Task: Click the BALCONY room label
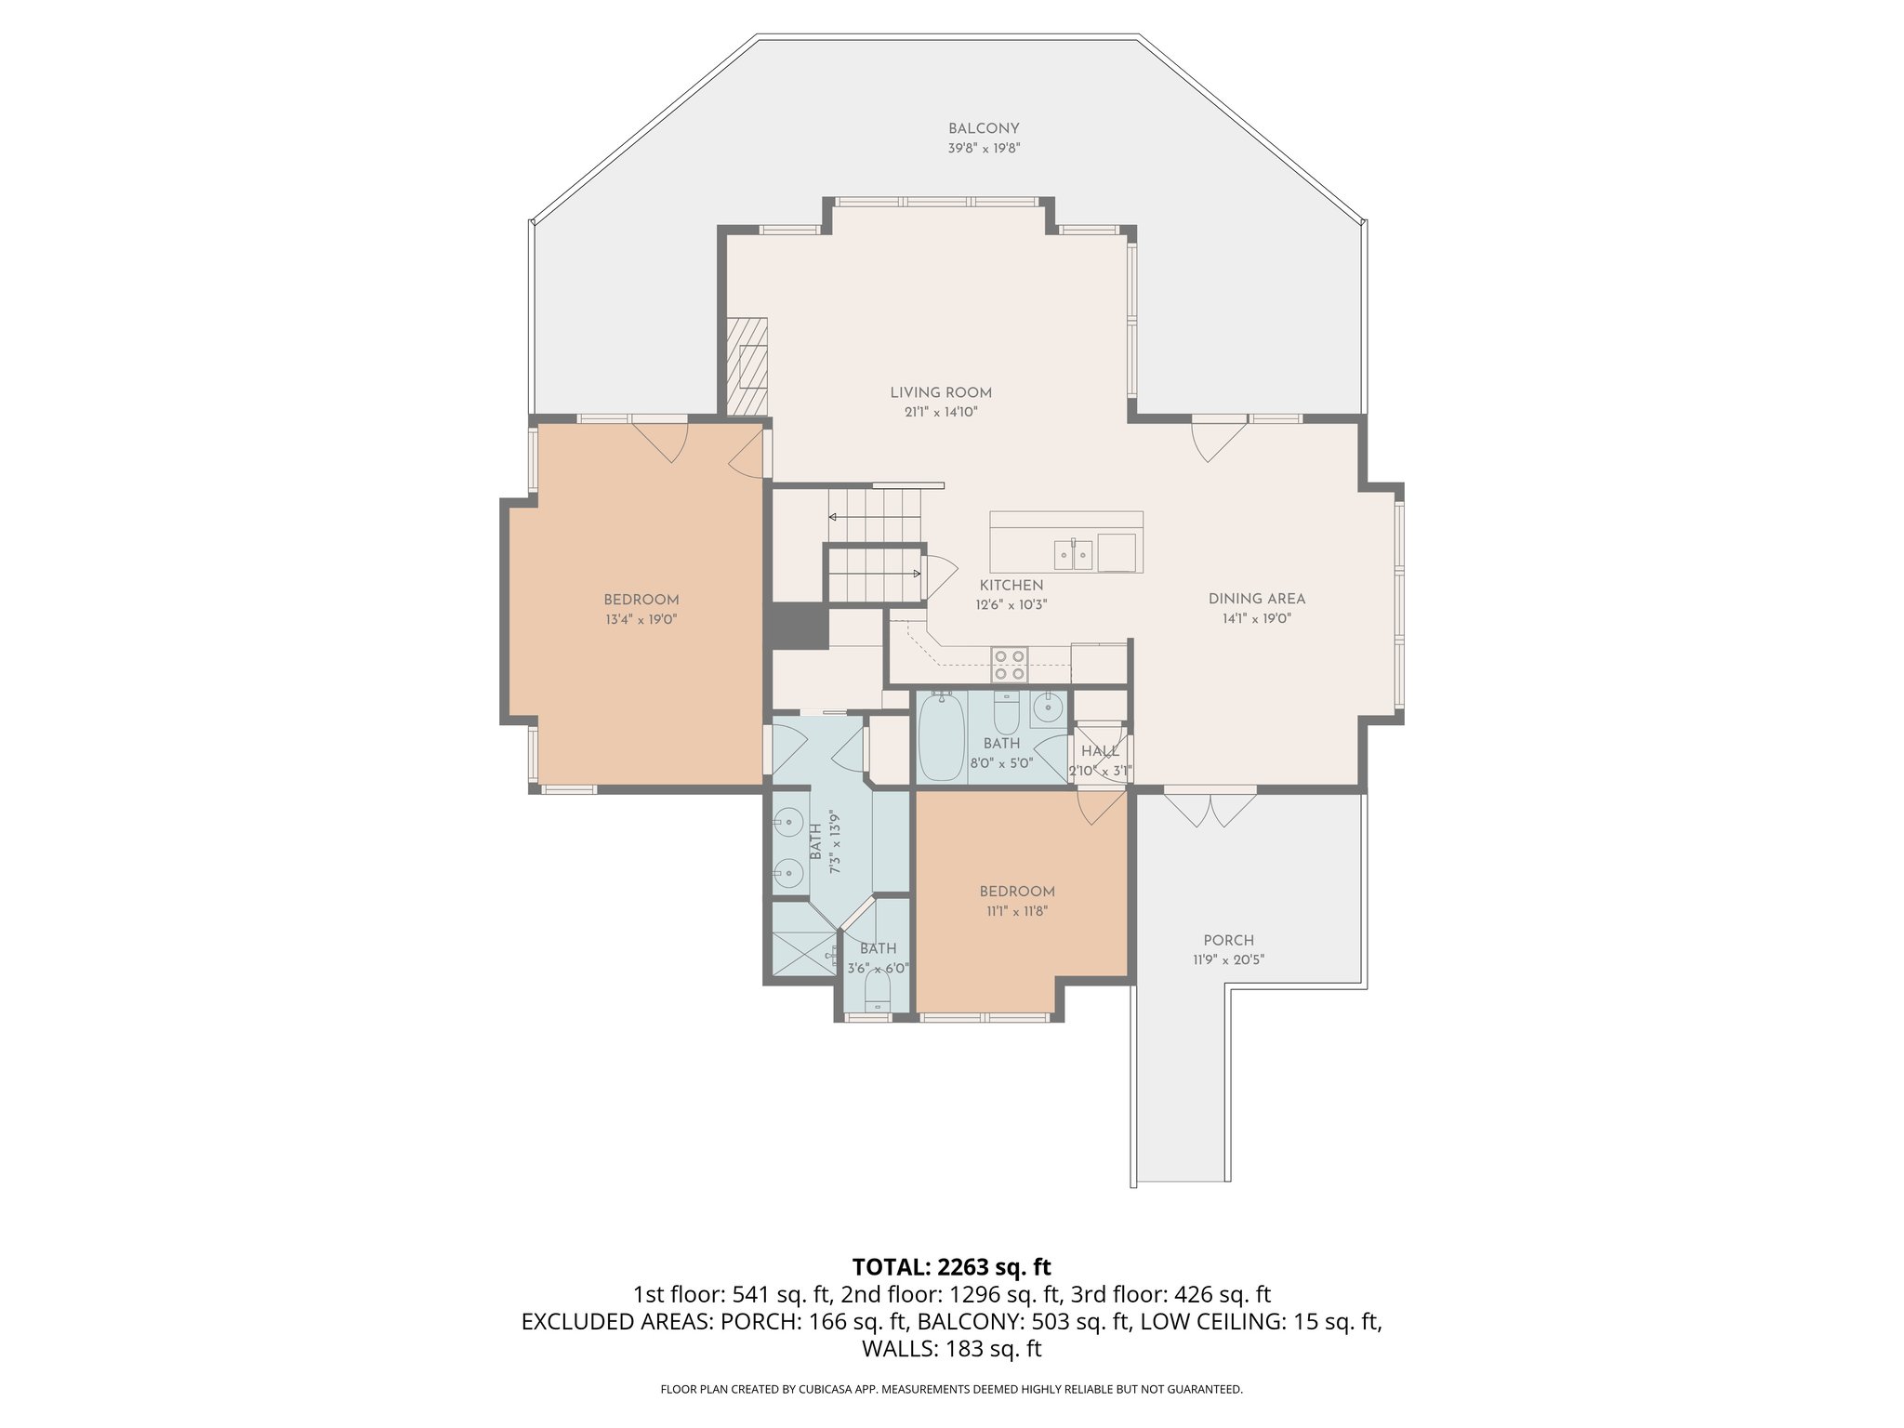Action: [x=984, y=129]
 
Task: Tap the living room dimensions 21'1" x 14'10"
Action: [x=941, y=412]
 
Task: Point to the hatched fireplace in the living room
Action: [x=747, y=366]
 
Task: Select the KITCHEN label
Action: [x=1011, y=585]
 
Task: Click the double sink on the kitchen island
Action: [x=1074, y=554]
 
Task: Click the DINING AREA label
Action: [x=1256, y=599]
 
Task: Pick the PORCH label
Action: [x=1228, y=940]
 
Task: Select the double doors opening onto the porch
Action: [x=1210, y=807]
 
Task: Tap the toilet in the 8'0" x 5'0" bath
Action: [x=1007, y=713]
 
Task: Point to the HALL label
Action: [x=1100, y=751]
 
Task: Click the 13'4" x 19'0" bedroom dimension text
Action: [x=641, y=619]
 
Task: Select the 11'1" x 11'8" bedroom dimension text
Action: [x=1017, y=912]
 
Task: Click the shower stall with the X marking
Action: [x=804, y=939]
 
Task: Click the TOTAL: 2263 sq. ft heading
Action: [x=951, y=1266]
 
